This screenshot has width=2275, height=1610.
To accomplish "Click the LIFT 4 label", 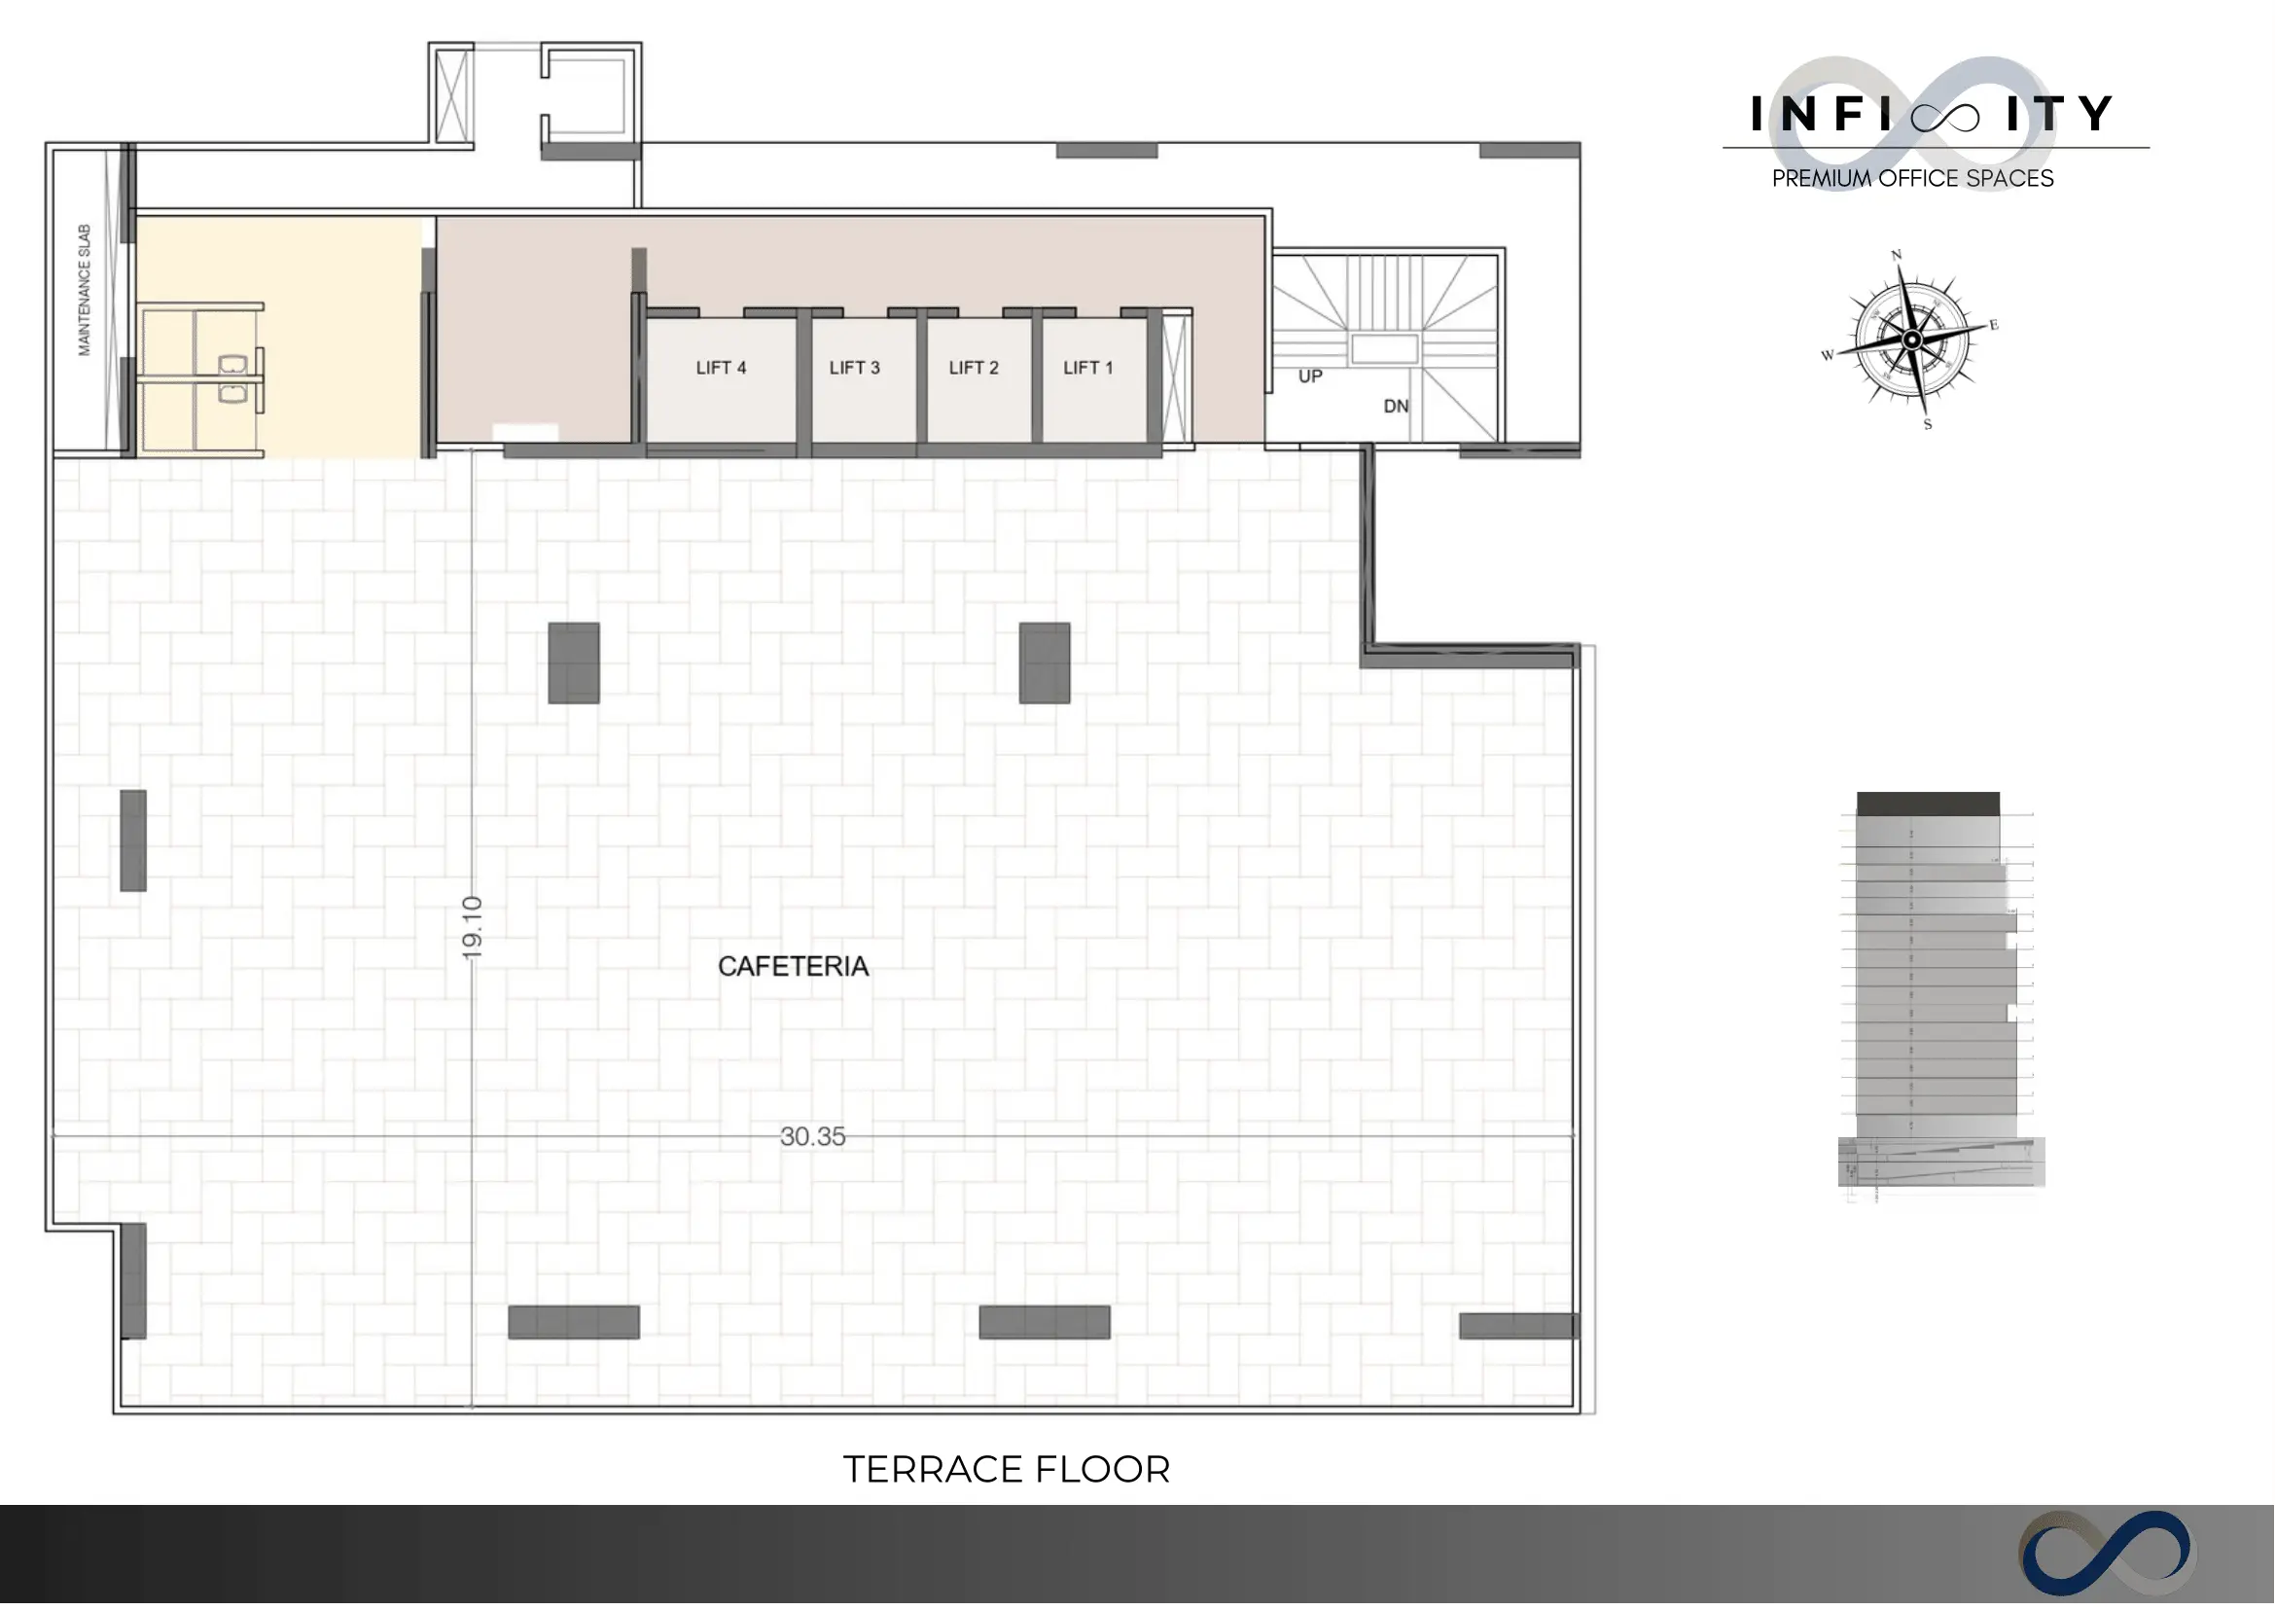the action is (x=721, y=368).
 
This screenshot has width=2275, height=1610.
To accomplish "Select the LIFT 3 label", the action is (x=855, y=368).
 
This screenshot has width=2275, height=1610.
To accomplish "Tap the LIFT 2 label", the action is (x=974, y=368).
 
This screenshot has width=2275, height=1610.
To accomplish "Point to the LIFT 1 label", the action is (x=1088, y=368).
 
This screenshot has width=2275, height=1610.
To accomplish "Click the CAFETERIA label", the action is (x=793, y=967).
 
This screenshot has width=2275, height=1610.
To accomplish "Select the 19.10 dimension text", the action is (x=472, y=928).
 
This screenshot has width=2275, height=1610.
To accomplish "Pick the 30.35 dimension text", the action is (x=813, y=1136).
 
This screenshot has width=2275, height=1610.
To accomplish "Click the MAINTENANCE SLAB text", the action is (x=85, y=290).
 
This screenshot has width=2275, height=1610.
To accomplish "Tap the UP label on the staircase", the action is (x=1310, y=376).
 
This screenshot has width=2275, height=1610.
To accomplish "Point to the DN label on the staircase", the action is (x=1396, y=407).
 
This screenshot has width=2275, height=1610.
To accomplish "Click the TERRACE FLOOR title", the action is (x=1006, y=1469).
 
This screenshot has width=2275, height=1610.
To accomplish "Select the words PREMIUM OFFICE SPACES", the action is (x=1912, y=178).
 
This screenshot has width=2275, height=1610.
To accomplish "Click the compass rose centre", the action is (x=1912, y=340).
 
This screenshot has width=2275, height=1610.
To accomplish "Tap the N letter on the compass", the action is (x=1897, y=255).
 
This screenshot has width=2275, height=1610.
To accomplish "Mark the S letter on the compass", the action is (x=1927, y=424).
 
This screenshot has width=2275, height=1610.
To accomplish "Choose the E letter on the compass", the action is (x=1994, y=324).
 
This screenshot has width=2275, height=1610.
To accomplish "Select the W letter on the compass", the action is (x=1828, y=355).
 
